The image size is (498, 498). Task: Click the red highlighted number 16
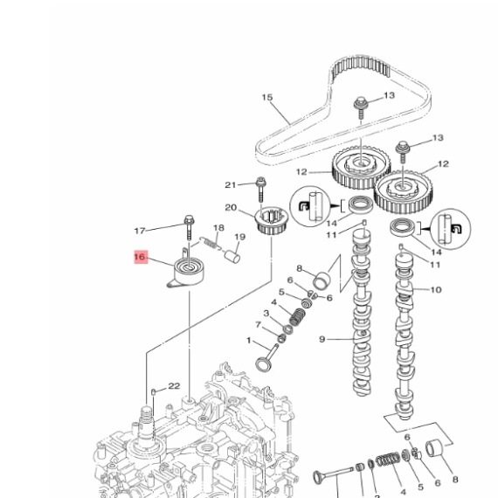click(141, 257)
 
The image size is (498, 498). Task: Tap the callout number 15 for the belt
click(267, 98)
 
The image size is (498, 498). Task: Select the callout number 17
click(140, 231)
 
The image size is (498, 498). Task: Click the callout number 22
click(174, 386)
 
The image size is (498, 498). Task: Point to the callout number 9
click(322, 340)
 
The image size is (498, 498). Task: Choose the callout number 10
click(436, 290)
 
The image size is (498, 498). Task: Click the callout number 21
click(231, 185)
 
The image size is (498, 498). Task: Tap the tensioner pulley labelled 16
click(188, 273)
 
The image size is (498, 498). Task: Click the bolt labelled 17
click(190, 227)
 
